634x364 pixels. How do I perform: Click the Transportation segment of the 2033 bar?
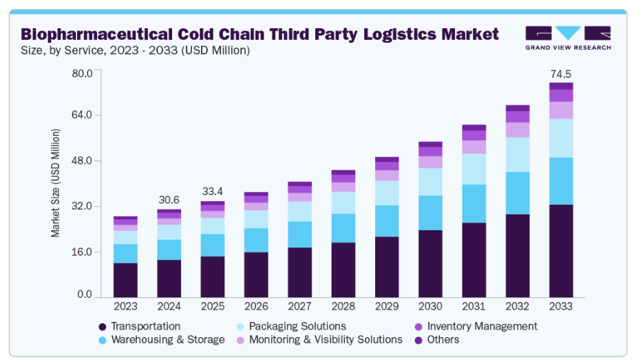(561, 251)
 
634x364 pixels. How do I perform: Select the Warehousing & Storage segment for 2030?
(430, 212)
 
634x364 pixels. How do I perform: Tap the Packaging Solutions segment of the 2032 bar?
(517, 154)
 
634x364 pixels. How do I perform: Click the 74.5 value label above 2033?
(561, 73)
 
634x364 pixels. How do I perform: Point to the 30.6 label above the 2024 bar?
(169, 200)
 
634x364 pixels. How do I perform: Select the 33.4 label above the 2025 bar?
(212, 191)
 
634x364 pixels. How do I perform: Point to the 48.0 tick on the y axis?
(82, 161)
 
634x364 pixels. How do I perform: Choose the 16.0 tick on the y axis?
(82, 252)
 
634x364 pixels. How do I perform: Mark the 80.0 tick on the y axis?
(82, 72)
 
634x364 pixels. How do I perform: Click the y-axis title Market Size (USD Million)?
(56, 183)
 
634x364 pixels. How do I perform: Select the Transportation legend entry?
(145, 326)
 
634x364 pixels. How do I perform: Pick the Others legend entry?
(443, 339)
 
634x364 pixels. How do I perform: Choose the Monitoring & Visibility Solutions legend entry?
(326, 339)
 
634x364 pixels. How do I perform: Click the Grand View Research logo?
(568, 37)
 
